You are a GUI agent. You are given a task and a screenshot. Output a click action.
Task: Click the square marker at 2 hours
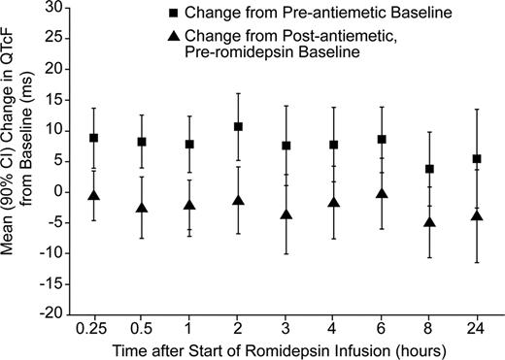point(238,127)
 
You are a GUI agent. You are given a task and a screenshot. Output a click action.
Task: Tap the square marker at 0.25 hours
point(94,138)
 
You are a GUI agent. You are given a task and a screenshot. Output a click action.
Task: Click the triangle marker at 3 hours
point(286,215)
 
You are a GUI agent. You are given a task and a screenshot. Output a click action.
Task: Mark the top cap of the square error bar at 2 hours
point(238,93)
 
